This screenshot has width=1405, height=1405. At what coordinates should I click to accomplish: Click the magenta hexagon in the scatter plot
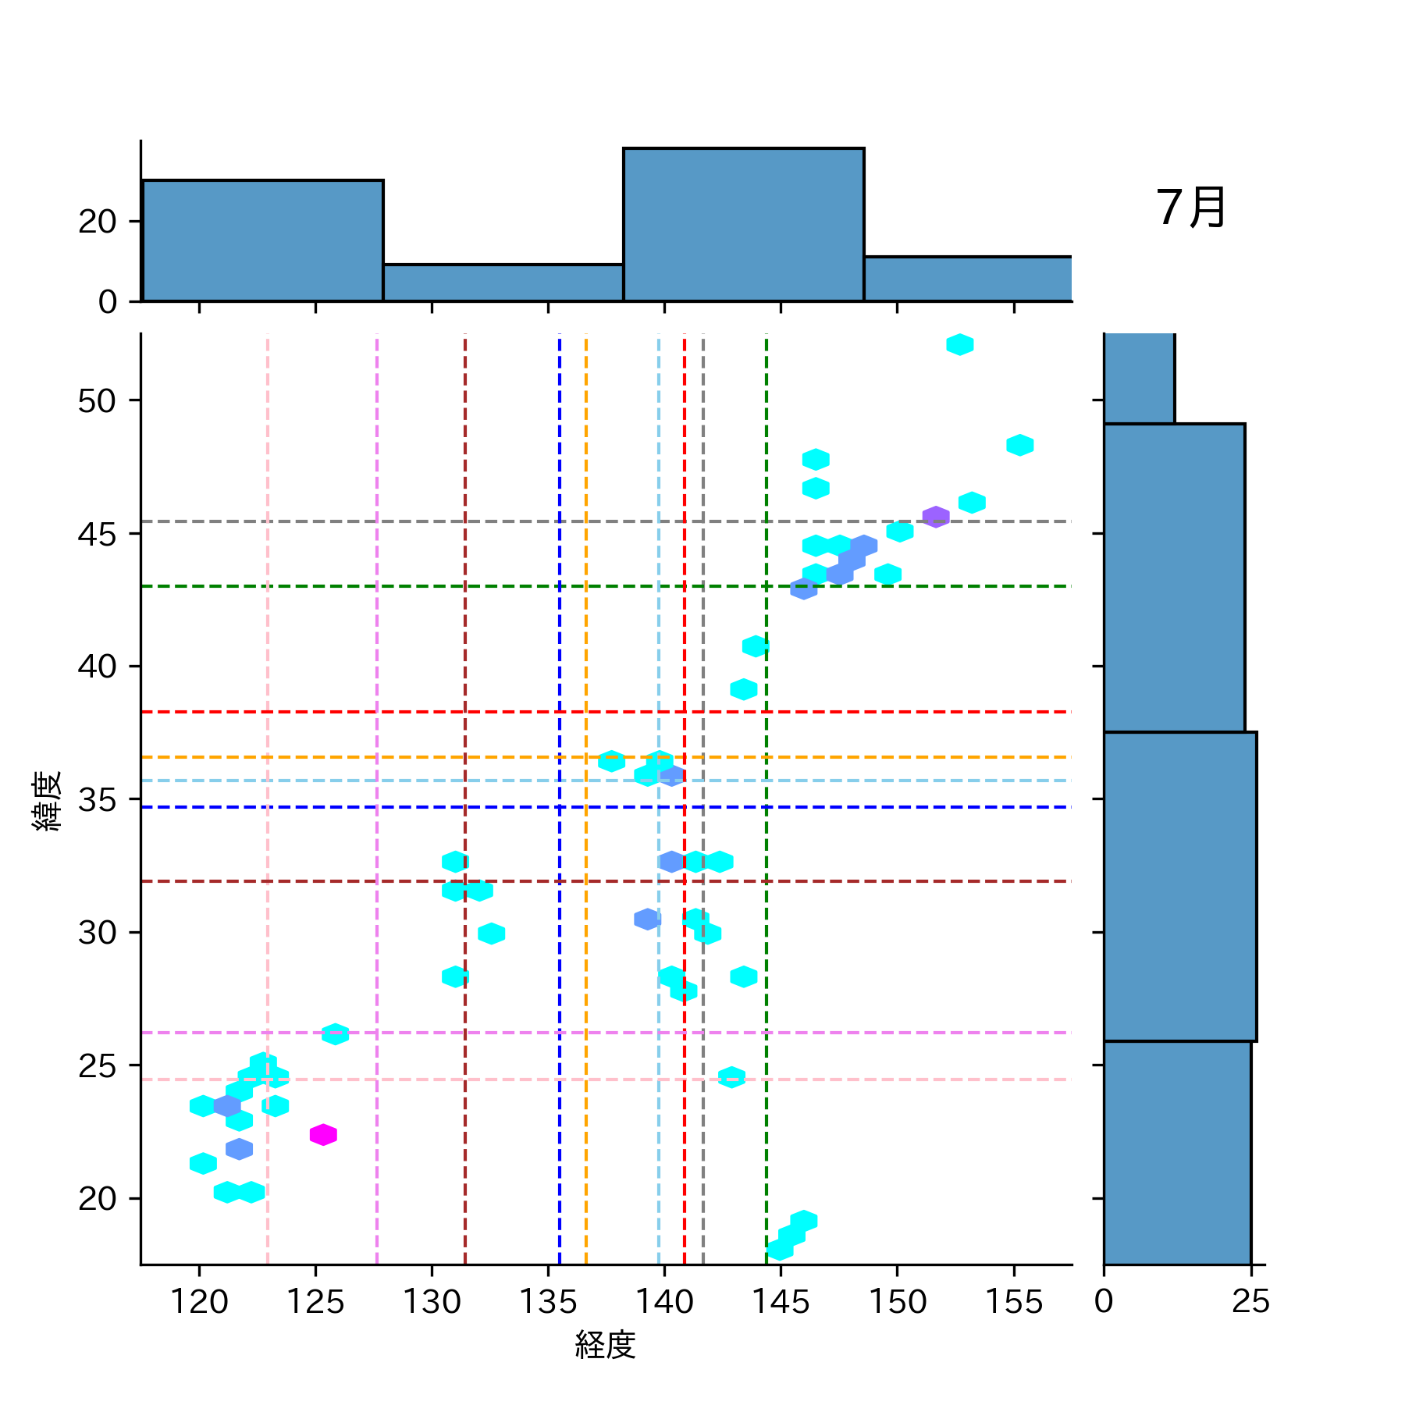coord(323,1134)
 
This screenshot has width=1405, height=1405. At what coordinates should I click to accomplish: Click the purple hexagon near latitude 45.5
coord(936,517)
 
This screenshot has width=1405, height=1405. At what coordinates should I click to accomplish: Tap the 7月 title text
coord(1190,208)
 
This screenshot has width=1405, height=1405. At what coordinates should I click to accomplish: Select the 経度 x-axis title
coord(605,1345)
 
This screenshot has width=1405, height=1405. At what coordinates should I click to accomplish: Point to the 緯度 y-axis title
coord(47,801)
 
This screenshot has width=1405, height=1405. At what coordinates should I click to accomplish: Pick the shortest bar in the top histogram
coord(503,283)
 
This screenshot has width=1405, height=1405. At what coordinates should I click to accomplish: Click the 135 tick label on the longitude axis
coord(547,1302)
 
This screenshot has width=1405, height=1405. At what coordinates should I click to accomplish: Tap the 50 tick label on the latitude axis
coord(97,401)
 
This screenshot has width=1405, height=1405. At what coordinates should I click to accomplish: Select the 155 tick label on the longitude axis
coord(1014,1302)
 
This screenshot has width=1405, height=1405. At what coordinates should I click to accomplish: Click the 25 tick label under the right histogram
coord(1250,1302)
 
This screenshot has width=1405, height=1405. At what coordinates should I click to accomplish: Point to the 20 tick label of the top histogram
coord(97,222)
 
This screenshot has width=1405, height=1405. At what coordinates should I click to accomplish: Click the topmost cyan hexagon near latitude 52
coord(959,344)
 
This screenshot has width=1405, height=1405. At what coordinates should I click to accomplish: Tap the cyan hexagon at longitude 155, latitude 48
coord(1019,445)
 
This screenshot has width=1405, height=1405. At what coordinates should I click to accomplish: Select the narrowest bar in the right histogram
coord(1139,379)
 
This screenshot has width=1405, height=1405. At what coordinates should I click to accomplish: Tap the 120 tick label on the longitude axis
coord(199,1302)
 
